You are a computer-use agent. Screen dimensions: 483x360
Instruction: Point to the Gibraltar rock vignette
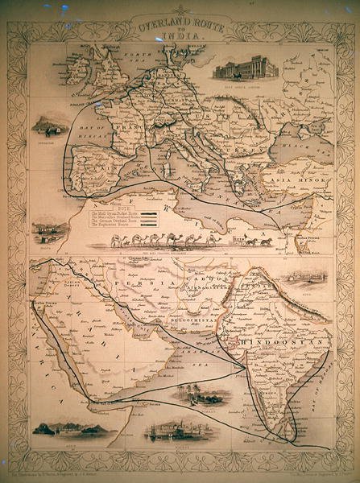pos(50,124)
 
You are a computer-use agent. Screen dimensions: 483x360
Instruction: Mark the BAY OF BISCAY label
pos(89,142)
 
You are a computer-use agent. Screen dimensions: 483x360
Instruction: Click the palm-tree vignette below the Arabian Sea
pos(201,394)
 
